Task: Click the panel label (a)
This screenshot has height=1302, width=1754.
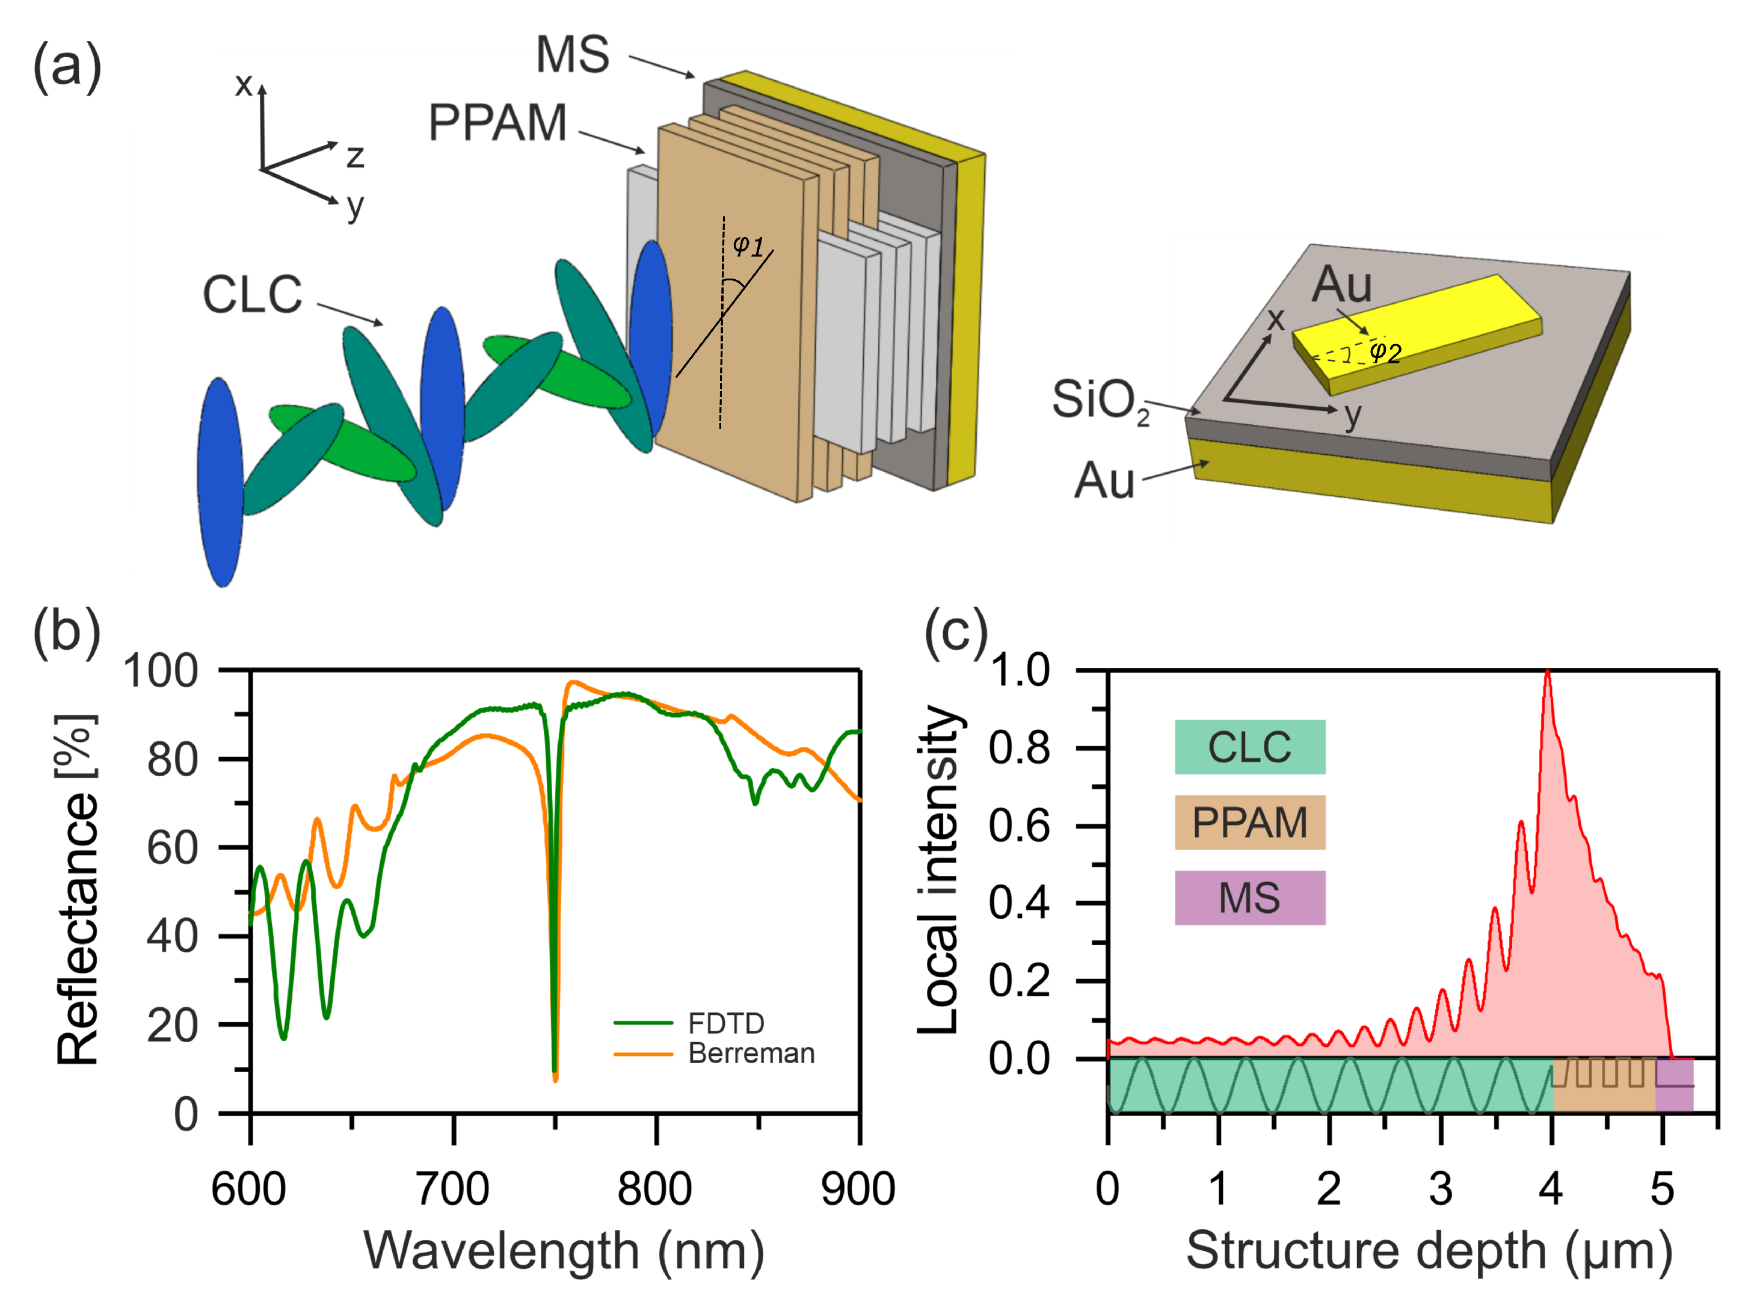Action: [x=67, y=67]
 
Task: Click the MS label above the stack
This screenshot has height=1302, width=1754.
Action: [x=573, y=55]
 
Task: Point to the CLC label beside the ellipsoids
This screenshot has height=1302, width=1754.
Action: [x=252, y=295]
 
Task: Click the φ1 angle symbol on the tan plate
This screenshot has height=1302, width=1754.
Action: [x=748, y=246]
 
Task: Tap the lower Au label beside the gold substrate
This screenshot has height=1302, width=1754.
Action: [x=1104, y=481]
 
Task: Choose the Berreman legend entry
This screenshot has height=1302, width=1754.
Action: [x=750, y=1054]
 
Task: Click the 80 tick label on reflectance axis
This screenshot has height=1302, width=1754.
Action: [x=173, y=760]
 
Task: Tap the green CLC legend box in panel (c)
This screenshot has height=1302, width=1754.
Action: [x=1250, y=747]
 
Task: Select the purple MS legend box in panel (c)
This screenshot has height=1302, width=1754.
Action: [x=1250, y=898]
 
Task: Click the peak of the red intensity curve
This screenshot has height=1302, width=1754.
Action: [x=1548, y=672]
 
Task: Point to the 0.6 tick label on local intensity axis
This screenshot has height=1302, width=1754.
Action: [x=1020, y=826]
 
